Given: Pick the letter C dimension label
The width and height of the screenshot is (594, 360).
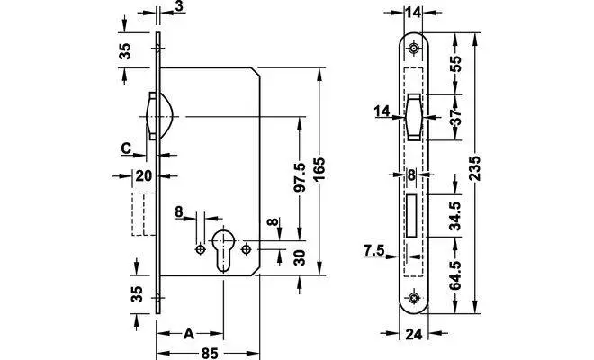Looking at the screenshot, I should coord(128,148).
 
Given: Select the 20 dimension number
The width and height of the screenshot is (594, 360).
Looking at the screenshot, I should coord(142,175).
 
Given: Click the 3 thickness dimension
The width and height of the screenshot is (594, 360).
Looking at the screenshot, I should coord(180,8).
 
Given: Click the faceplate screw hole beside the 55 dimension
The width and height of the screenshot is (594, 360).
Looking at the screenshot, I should coord(413,49).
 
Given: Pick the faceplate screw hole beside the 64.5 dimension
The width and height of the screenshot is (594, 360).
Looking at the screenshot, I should coord(413,299).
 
